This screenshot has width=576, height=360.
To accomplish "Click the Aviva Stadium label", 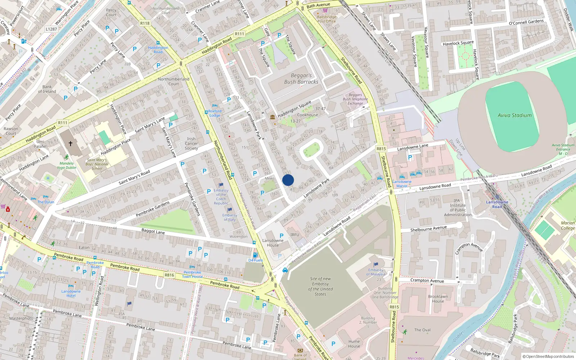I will [x=514, y=116].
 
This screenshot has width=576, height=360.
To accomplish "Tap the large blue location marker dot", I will [x=288, y=180].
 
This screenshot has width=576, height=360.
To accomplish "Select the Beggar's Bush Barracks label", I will [x=301, y=79].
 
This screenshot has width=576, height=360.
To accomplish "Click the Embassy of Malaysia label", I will [x=376, y=272].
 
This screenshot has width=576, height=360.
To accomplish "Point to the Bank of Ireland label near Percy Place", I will [x=47, y=89].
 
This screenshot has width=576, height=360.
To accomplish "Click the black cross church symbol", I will [x=71, y=143].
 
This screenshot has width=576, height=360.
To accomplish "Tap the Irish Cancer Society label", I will [x=191, y=143].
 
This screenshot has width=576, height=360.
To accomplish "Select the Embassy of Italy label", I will [x=230, y=217].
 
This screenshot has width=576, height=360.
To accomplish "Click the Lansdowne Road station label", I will [x=497, y=204].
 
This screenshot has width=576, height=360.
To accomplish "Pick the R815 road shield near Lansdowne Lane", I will [x=381, y=149].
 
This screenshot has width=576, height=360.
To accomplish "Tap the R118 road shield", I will [x=145, y=23].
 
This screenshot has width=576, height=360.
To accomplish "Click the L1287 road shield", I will [x=51, y=29].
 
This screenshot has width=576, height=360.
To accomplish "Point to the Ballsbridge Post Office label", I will [x=327, y=19].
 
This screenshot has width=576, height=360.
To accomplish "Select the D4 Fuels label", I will [x=256, y=260].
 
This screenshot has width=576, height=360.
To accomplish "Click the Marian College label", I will [x=568, y=225].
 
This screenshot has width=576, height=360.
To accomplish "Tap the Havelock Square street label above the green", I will [x=458, y=43].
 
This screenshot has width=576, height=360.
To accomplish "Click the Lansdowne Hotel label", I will [x=71, y=293].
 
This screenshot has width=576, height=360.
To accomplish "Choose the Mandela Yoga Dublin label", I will [x=67, y=165].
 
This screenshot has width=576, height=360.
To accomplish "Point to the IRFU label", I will [x=295, y=235].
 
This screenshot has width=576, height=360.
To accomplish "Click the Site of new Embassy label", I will [x=320, y=286].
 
